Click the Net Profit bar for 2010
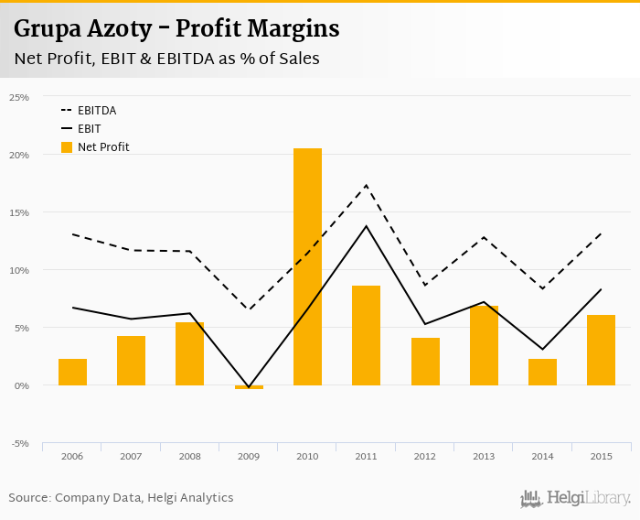click(307, 266)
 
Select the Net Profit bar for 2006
click(72, 372)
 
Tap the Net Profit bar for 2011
click(366, 335)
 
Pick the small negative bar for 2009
click(249, 387)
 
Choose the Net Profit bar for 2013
click(484, 345)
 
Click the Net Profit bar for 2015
click(601, 350)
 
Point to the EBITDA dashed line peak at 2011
click(366, 186)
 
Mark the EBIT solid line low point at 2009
click(249, 387)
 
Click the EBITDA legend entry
click(97, 111)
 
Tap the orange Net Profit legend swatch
click(66, 146)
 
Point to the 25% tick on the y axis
click(19, 97)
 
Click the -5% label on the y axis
click(19, 444)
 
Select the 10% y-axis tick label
click(19, 270)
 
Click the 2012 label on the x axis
click(425, 456)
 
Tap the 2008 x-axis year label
click(190, 456)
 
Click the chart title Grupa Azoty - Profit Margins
click(176, 29)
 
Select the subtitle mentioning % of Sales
click(166, 59)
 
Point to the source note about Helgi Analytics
click(121, 498)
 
